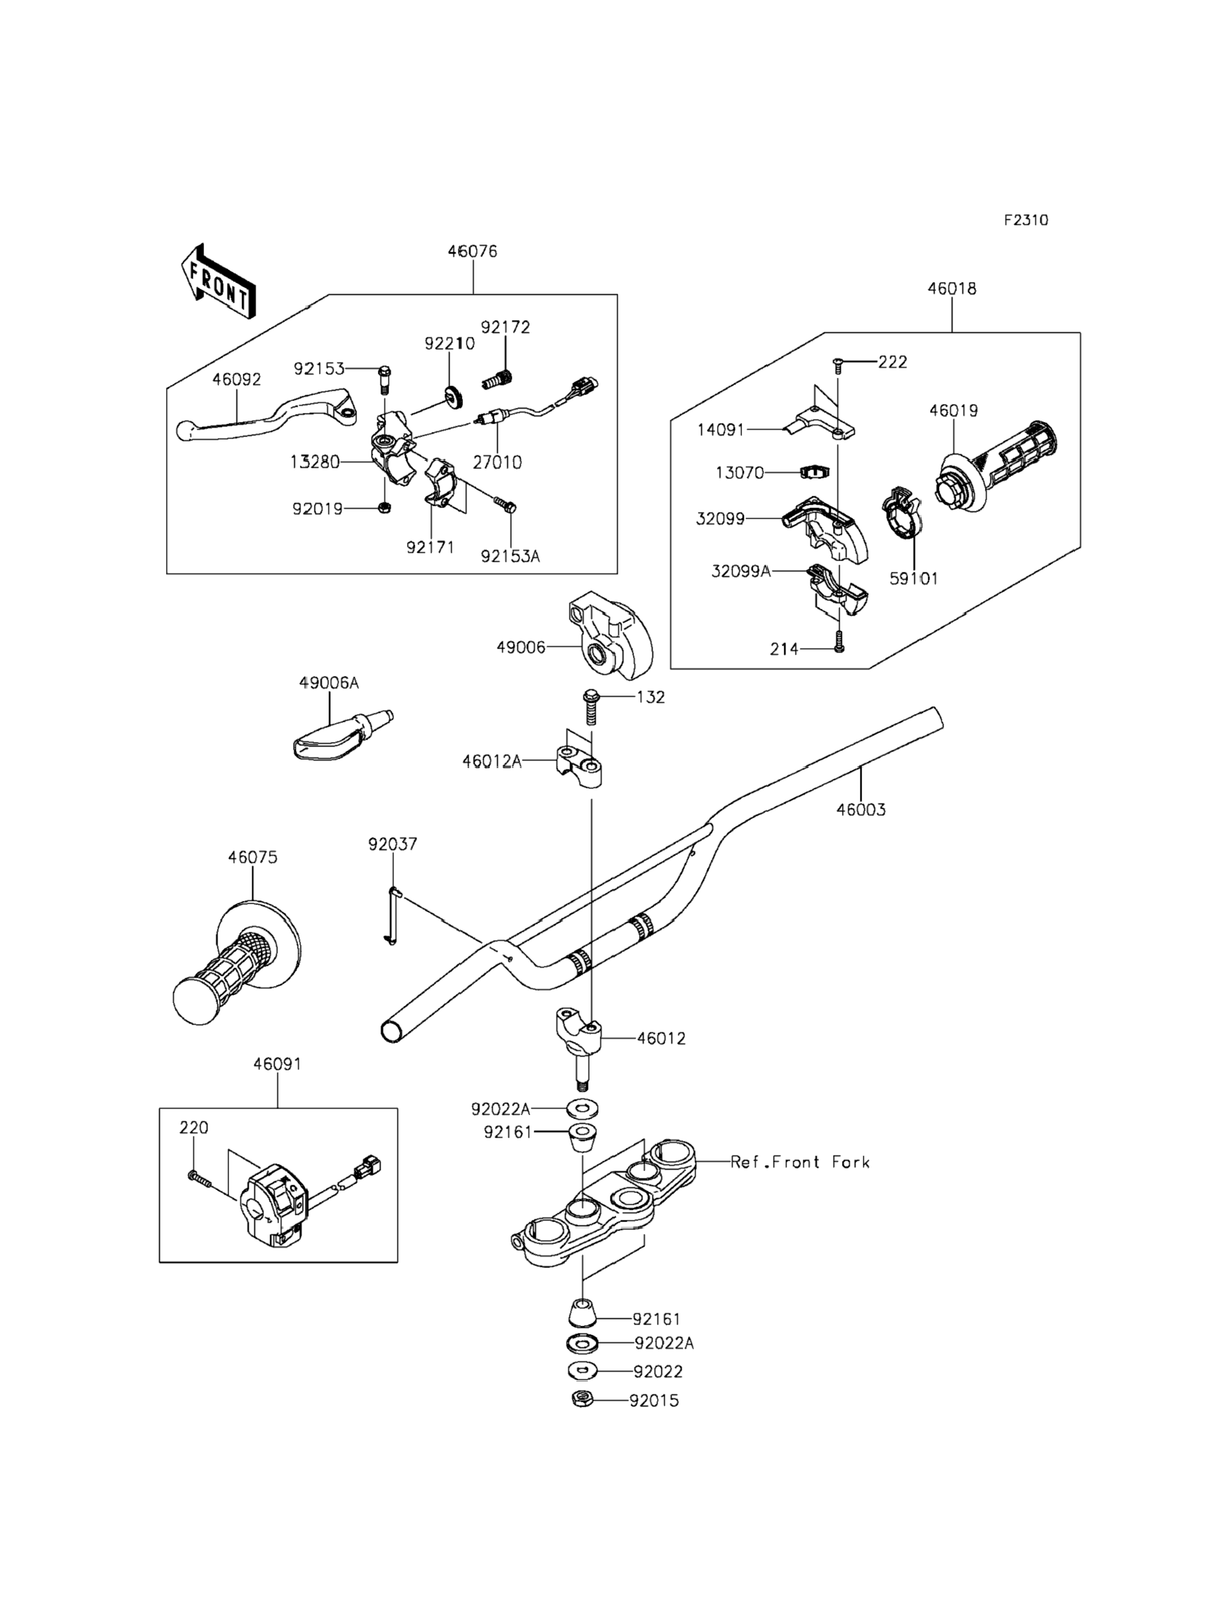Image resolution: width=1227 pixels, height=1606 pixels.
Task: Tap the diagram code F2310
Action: pyautogui.click(x=1025, y=220)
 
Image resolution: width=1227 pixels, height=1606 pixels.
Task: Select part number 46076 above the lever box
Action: pyautogui.click(x=472, y=251)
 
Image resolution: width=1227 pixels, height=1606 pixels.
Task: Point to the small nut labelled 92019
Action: pyautogui.click(x=385, y=508)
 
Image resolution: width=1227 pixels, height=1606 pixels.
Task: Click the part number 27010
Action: pyautogui.click(x=497, y=462)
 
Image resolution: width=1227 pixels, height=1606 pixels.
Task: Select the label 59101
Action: pyautogui.click(x=913, y=578)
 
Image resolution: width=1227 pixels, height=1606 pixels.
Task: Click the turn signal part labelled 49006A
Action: pyautogui.click(x=343, y=735)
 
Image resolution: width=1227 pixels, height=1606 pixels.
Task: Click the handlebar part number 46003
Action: pyautogui.click(x=861, y=809)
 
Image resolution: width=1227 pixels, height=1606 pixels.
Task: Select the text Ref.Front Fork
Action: pyautogui.click(x=800, y=1162)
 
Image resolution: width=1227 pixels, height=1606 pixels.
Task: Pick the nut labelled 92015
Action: pyautogui.click(x=582, y=1400)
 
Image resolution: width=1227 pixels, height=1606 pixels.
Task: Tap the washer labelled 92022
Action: pyautogui.click(x=581, y=1371)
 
